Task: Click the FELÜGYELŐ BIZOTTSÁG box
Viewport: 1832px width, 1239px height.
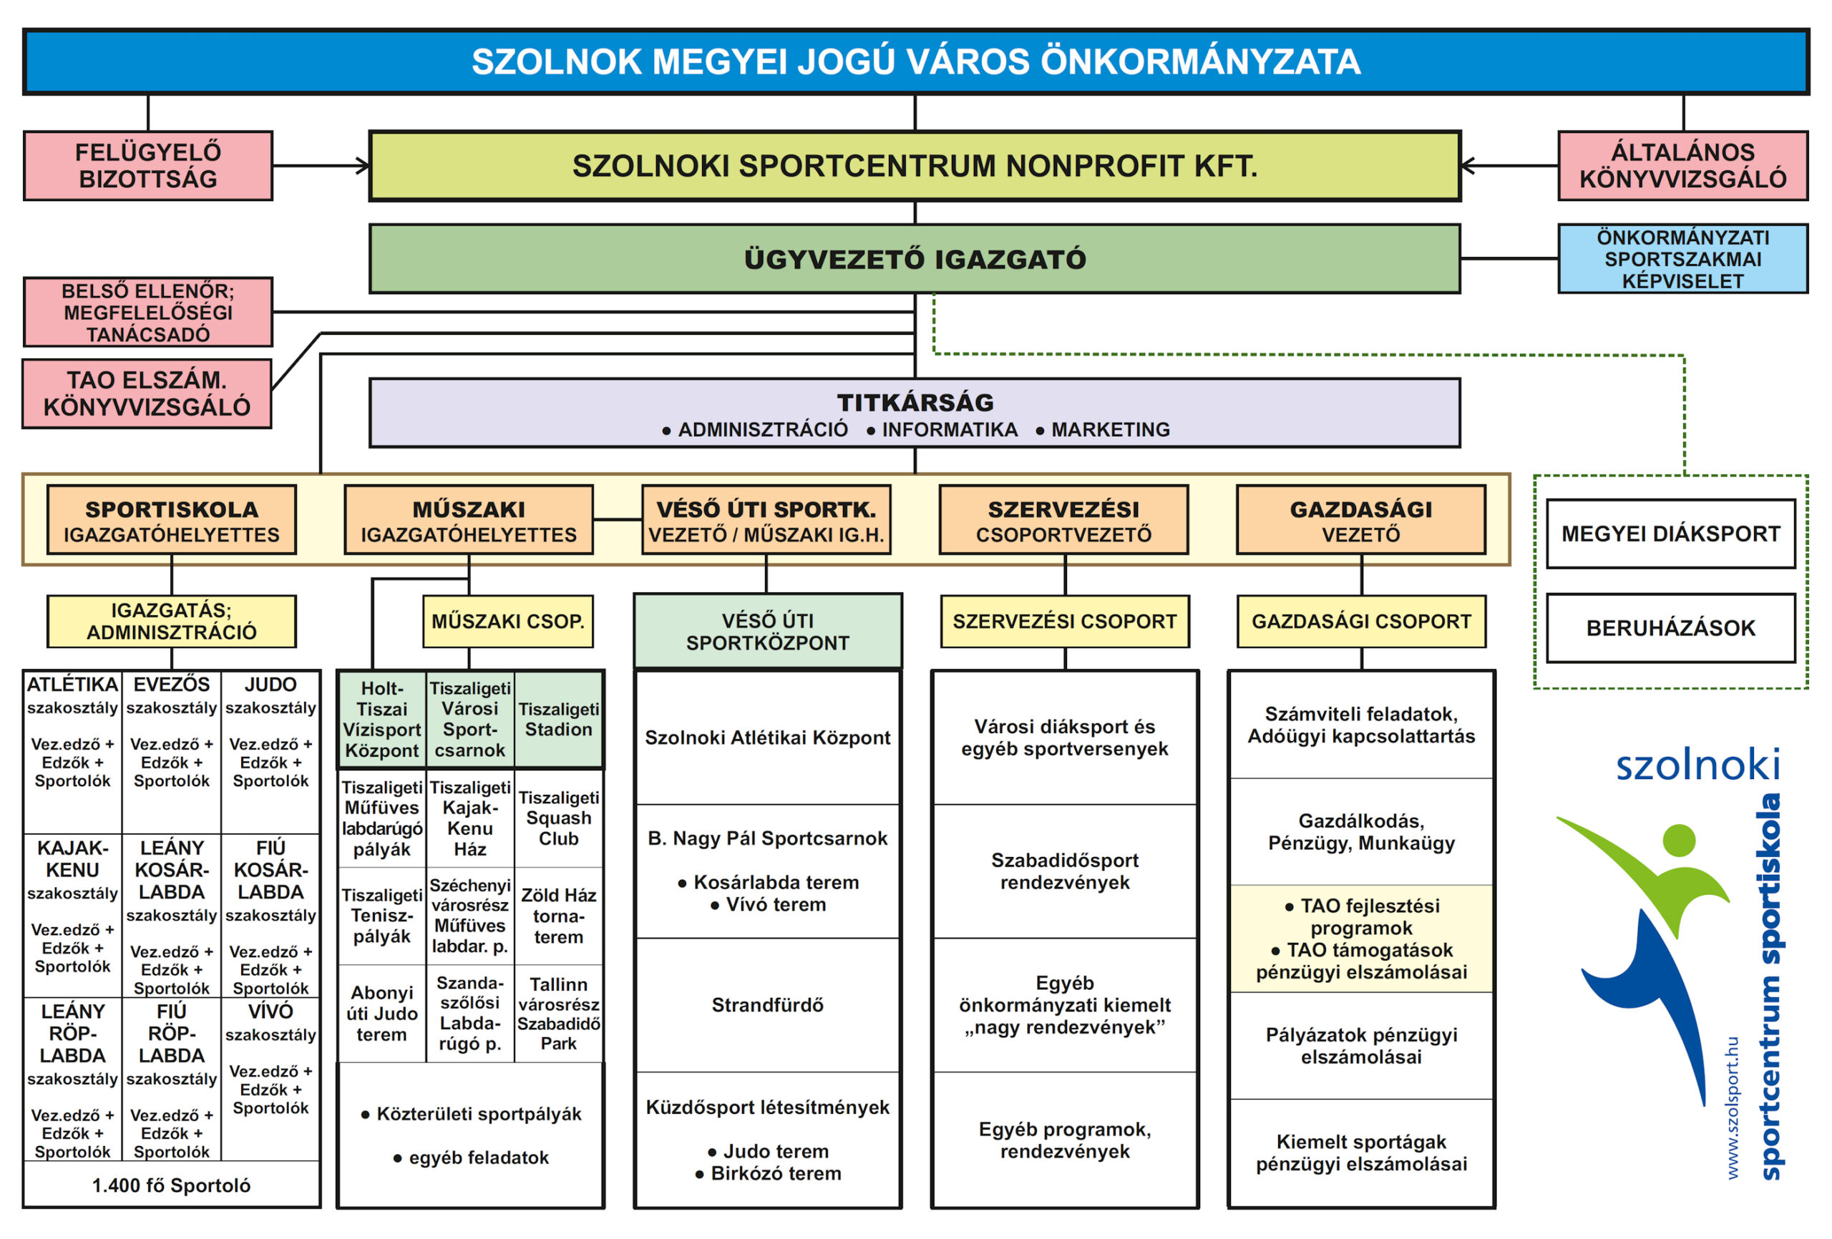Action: [x=148, y=165]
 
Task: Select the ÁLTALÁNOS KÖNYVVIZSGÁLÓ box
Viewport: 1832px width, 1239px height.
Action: [x=1682, y=165]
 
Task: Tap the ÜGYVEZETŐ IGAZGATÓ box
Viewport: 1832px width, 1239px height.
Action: [x=915, y=258]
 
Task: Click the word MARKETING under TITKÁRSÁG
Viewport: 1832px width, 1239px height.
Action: [x=1110, y=429]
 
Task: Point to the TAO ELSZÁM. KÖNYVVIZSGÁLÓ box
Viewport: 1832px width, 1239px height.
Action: [x=147, y=393]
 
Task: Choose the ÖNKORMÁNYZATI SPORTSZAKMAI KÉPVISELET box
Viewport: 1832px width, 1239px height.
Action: [x=1682, y=258]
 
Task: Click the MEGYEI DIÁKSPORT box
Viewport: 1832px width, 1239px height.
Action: [x=1670, y=534]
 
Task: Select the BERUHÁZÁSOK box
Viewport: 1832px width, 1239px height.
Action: [x=1670, y=628]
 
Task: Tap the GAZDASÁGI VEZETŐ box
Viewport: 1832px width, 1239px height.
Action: [x=1360, y=520]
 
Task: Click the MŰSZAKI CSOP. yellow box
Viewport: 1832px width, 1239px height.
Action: [x=507, y=621]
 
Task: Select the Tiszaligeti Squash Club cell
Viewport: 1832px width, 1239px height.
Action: [x=558, y=818]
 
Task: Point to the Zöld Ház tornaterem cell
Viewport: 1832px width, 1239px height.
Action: [x=558, y=915]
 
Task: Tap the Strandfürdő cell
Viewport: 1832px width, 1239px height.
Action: [x=767, y=1005]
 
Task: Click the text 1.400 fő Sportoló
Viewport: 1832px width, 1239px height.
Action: [x=171, y=1185]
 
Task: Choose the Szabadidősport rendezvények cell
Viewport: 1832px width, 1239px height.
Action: [x=1064, y=871]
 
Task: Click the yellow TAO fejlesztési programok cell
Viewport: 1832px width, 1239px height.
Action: [x=1360, y=938]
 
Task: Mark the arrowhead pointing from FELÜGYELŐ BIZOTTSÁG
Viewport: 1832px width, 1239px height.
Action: [x=364, y=165]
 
